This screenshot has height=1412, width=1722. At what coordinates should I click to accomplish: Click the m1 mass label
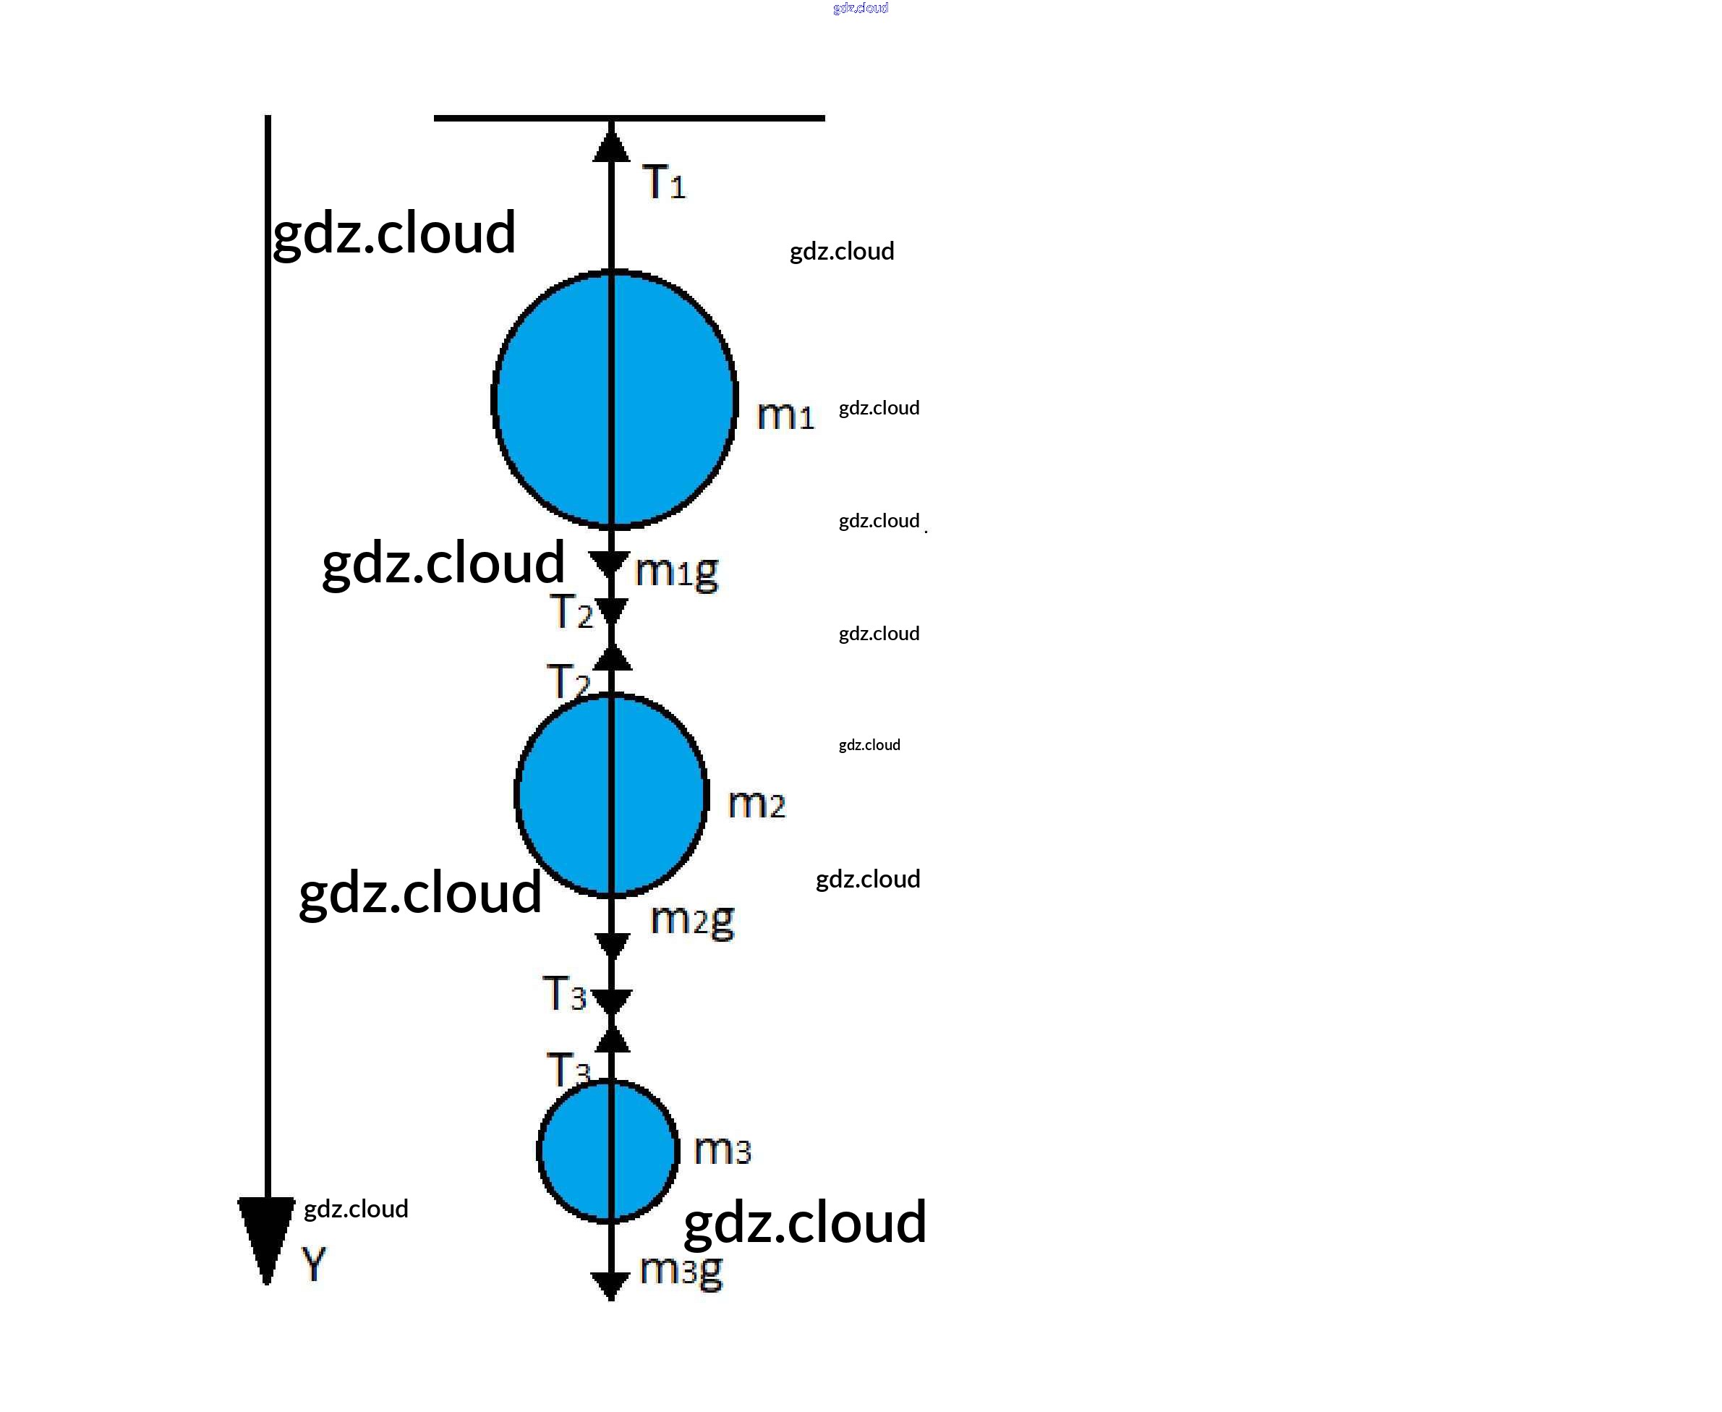pyautogui.click(x=785, y=414)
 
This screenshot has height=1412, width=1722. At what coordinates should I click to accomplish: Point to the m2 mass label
pyautogui.click(x=756, y=804)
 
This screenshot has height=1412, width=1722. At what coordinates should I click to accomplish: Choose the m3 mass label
pyautogui.click(x=722, y=1150)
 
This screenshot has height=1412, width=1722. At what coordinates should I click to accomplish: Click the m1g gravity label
pyautogui.click(x=676, y=571)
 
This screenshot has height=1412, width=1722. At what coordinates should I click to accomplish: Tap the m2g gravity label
pyautogui.click(x=692, y=920)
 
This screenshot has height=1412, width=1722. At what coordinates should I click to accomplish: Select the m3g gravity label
pyautogui.click(x=681, y=1269)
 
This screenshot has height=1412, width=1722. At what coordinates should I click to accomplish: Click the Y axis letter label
pyautogui.click(x=313, y=1264)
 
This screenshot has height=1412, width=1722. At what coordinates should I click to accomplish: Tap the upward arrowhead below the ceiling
pyautogui.click(x=611, y=146)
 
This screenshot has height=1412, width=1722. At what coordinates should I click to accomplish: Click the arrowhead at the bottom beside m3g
pyautogui.click(x=610, y=1286)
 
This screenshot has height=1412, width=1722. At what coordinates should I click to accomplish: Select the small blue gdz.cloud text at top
pyautogui.click(x=860, y=8)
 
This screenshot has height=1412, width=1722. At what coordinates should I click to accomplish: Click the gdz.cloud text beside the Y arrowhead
pyautogui.click(x=356, y=1209)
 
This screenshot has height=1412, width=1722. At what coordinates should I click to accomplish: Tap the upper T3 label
pyautogui.click(x=563, y=994)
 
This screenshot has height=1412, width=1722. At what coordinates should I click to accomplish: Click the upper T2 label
pyautogui.click(x=571, y=612)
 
